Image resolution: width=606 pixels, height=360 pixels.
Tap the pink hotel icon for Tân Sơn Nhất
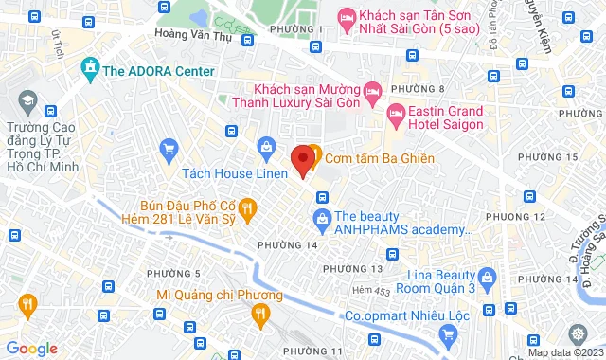pyautogui.click(x=346, y=16)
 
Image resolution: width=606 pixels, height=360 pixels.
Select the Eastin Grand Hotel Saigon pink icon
pyautogui.click(x=395, y=117)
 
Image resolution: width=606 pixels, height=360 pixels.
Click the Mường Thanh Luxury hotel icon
pyautogui.click(x=371, y=92)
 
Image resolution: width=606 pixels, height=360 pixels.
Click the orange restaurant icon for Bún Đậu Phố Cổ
pyautogui.click(x=245, y=207)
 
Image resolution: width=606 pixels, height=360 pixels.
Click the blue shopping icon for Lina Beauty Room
pyautogui.click(x=487, y=278)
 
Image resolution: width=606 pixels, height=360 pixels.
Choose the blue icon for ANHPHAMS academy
pyautogui.click(x=322, y=221)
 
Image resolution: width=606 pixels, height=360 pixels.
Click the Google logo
pyautogui.click(x=31, y=349)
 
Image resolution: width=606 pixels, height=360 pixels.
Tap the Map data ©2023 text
pyautogui.click(x=563, y=352)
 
